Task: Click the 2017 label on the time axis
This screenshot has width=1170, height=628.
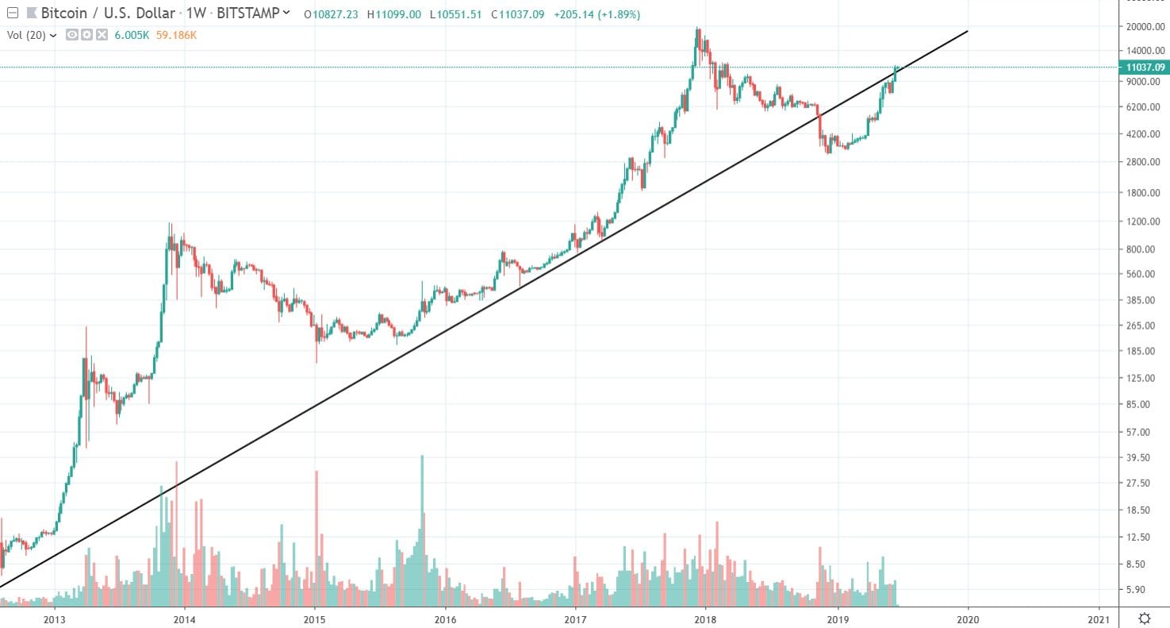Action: pyautogui.click(x=576, y=618)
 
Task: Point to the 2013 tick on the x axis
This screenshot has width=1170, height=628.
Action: pyautogui.click(x=54, y=618)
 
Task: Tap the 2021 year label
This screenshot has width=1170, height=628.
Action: pyautogui.click(x=1099, y=618)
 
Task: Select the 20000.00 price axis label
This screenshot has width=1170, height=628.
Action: pyautogui.click(x=1139, y=26)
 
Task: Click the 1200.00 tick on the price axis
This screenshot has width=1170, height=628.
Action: pyautogui.click(x=1139, y=222)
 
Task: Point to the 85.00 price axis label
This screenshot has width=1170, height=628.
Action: pyautogui.click(x=1139, y=404)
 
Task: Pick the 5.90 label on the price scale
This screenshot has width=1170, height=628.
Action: pyautogui.click(x=1139, y=590)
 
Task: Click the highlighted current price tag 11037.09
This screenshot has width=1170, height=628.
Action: pyautogui.click(x=1143, y=67)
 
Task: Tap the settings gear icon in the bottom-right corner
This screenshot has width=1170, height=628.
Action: pyautogui.click(x=1145, y=618)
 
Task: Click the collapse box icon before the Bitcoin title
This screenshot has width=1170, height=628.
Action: pyautogui.click(x=11, y=14)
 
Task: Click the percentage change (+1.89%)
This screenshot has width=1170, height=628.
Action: pyautogui.click(x=612, y=14)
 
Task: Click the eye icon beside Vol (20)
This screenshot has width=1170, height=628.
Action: pyautogui.click(x=71, y=35)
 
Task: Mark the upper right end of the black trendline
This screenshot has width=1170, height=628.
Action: pyautogui.click(x=968, y=31)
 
